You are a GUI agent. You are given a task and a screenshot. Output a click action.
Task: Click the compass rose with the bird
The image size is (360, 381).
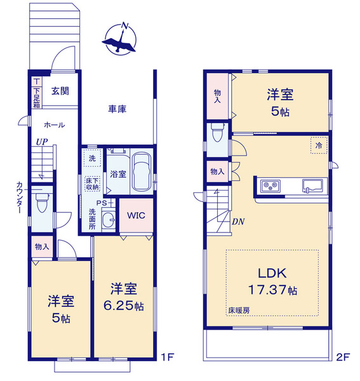coord(120,39)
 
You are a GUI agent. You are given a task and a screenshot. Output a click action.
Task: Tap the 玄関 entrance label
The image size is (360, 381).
coord(60,91)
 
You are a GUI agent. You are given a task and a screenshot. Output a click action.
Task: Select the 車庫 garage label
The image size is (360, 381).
coord(117,109)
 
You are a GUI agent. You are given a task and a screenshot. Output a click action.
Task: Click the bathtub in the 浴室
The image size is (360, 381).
coord(142,172)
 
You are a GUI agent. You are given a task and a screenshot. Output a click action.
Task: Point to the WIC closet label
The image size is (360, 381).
coord(136,215)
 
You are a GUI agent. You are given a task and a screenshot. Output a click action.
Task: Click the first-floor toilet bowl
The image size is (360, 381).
coord(41,203)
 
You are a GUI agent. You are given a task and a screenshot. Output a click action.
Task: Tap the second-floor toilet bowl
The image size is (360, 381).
coord(217,133)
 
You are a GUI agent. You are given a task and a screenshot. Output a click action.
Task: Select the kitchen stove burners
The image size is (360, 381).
coord(270,186)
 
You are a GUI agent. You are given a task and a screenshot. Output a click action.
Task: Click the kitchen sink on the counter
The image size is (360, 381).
coord(312,186)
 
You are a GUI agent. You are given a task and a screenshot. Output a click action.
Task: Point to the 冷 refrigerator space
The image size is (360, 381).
coord(319,145)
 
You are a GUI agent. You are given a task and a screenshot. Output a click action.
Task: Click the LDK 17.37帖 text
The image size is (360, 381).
coord(272,281)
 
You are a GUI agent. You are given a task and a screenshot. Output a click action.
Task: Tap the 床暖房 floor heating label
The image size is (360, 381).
coord(239,311)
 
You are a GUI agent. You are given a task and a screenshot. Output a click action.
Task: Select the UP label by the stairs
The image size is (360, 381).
coord(42,142)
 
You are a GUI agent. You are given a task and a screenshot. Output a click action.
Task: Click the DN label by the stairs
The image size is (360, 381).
coord(238,222)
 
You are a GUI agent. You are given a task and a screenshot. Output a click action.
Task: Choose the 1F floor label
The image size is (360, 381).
coord(168,357)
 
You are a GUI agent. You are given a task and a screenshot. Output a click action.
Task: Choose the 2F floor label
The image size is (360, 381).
coord(343,357)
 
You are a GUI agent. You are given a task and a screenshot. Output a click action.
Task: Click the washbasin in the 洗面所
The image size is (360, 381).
coord(109,220)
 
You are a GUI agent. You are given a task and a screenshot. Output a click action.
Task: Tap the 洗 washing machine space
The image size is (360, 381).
coord(92,158)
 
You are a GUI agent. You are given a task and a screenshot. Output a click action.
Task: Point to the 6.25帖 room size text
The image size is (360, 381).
coord(124,305)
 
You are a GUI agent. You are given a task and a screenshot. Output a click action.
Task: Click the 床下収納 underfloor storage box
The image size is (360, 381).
coord(92,184)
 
